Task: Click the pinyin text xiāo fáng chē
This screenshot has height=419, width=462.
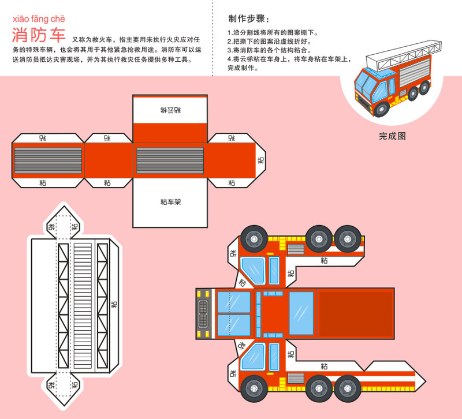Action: pos(39,18)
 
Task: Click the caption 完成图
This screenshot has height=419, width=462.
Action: pos(393,137)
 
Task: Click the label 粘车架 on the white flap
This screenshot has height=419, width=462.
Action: pos(170,202)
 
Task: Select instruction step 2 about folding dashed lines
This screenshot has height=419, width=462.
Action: pos(270,42)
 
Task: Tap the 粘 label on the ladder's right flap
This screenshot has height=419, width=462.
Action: pos(114,303)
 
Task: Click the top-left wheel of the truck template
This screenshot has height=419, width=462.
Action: pos(253,237)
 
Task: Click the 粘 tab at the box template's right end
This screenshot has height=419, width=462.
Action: pos(260,160)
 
